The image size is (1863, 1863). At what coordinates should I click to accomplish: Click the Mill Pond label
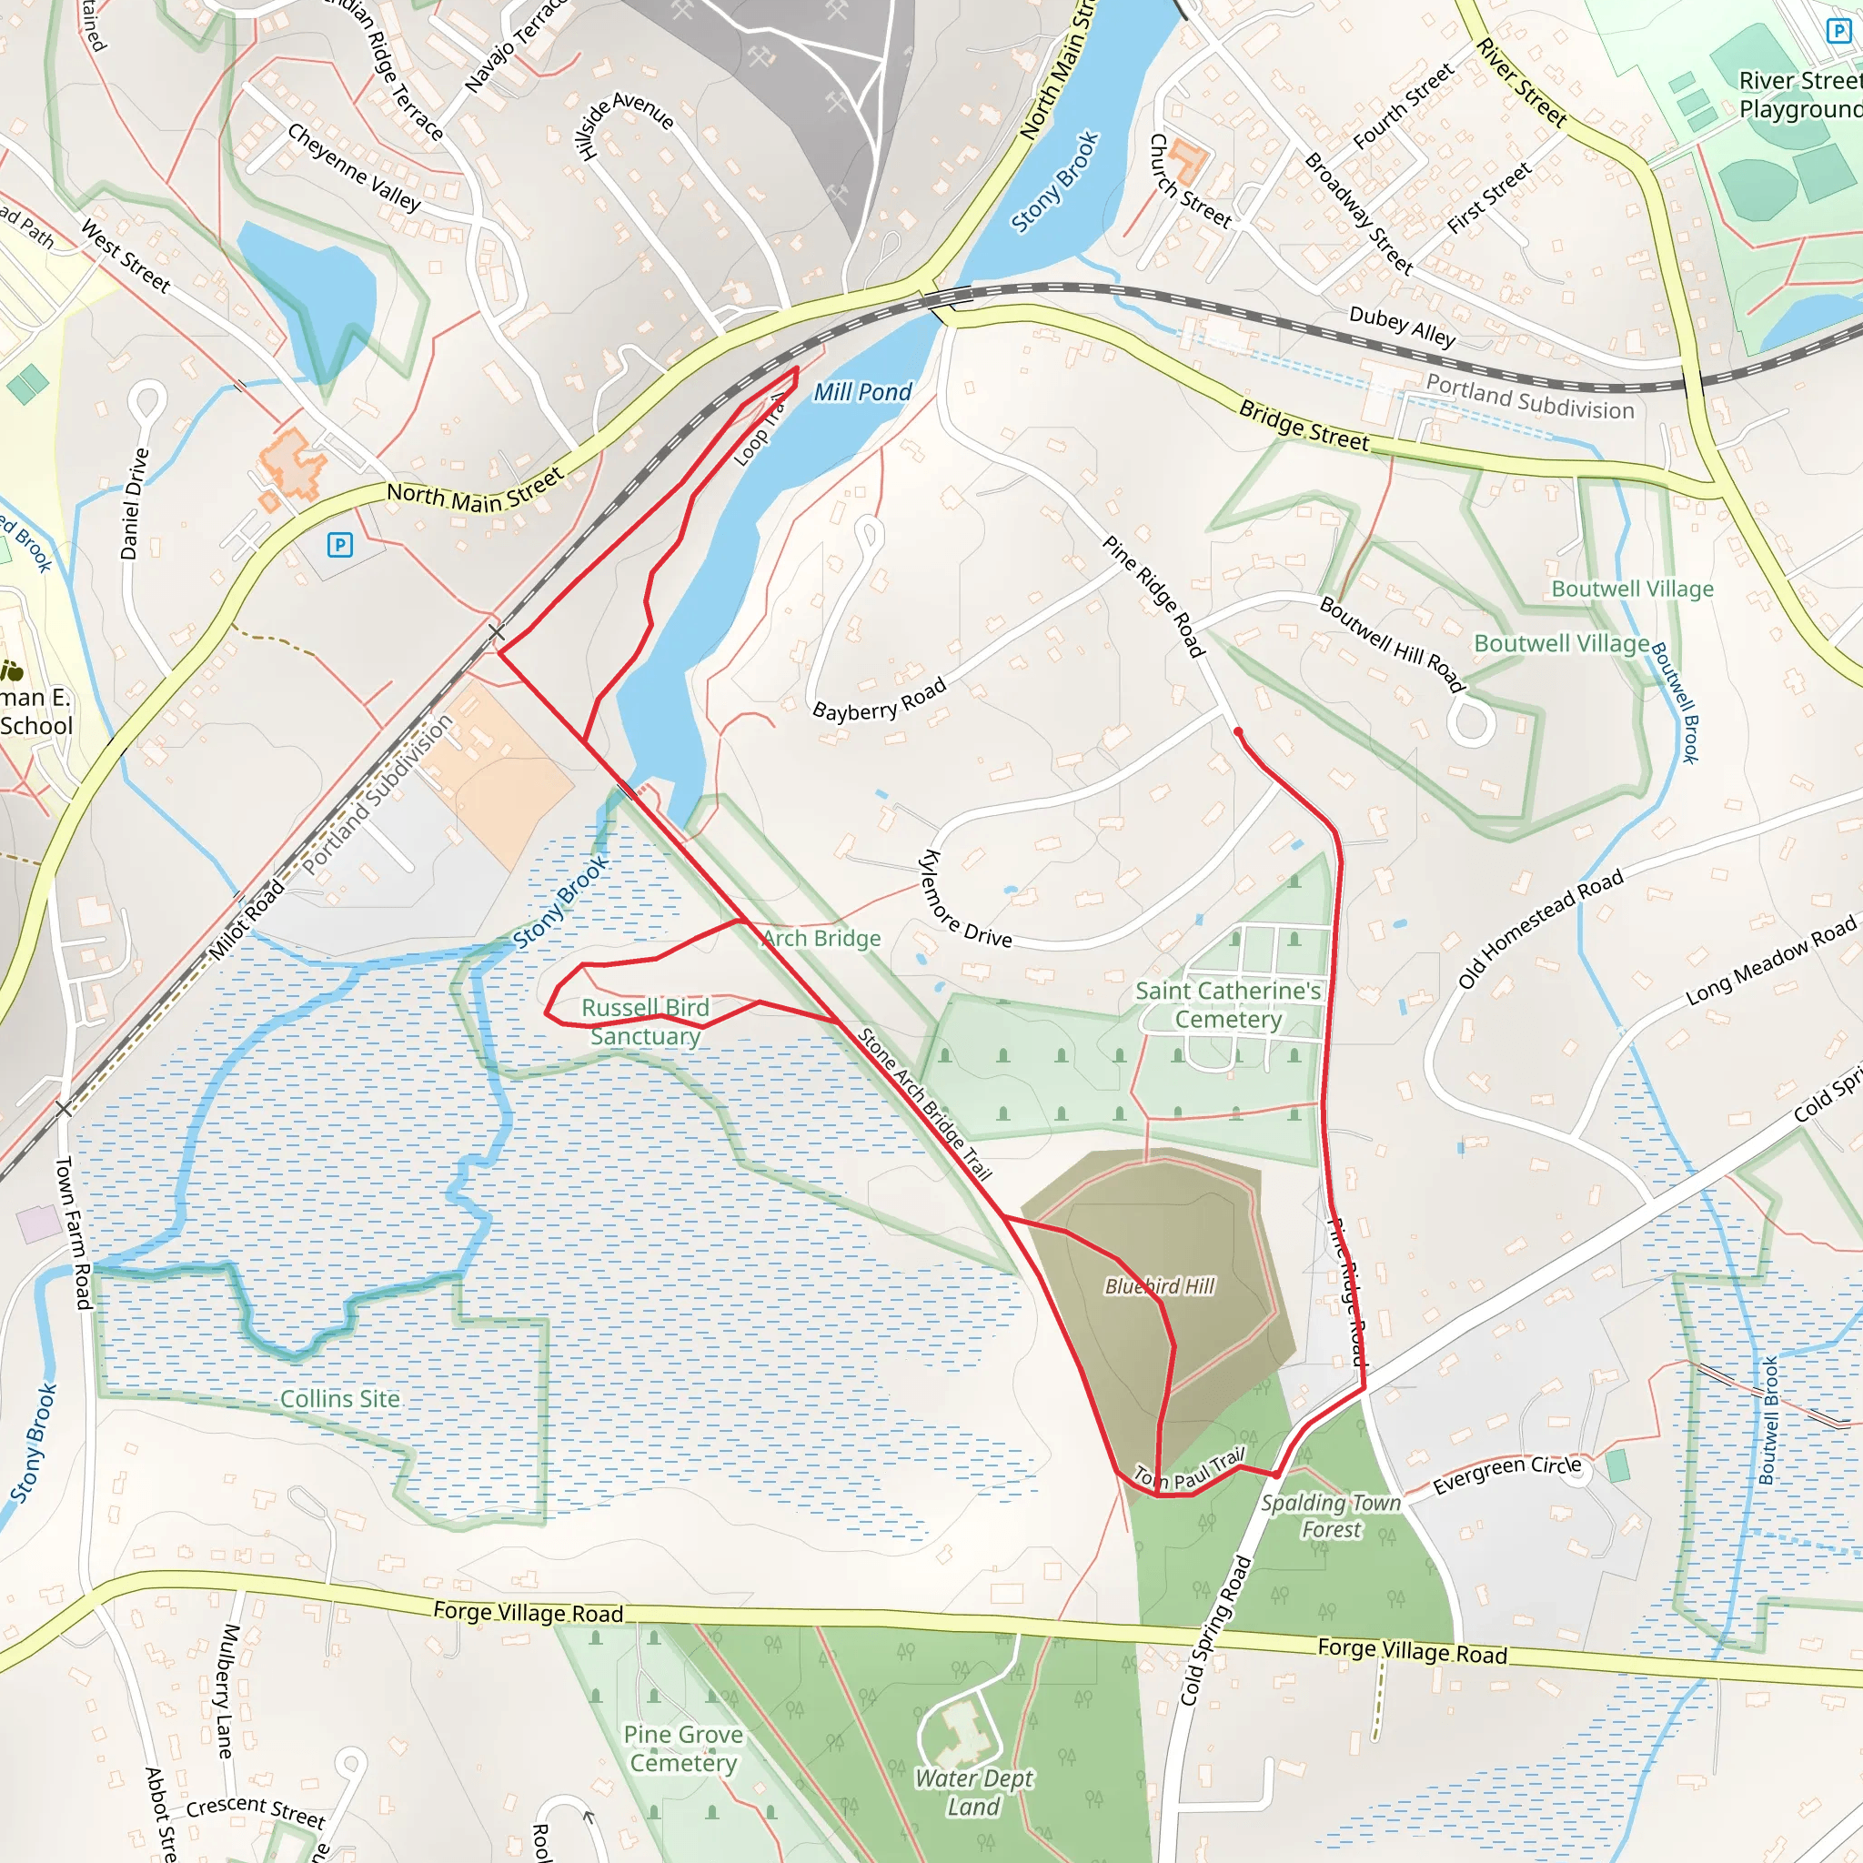[862, 392]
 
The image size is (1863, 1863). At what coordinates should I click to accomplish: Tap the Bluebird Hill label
[1159, 1286]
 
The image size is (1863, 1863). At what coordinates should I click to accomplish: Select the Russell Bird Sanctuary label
[645, 1022]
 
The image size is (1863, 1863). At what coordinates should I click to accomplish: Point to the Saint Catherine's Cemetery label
[1227, 1005]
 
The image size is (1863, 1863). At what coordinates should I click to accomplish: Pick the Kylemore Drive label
[965, 901]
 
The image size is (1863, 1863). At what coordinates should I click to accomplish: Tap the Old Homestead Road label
[1540, 929]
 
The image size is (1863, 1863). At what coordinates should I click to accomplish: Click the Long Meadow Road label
[1770, 962]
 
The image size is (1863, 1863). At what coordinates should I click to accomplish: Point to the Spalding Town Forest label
[1331, 1516]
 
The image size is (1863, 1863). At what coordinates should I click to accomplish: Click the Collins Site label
[339, 1399]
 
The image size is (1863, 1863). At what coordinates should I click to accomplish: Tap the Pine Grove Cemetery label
[683, 1748]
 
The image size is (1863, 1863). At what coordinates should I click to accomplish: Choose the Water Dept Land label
[974, 1792]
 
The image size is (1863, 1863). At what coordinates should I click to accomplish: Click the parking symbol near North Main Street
[339, 545]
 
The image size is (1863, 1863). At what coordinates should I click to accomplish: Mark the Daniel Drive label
[134, 503]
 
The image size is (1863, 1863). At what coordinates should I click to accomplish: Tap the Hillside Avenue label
[623, 123]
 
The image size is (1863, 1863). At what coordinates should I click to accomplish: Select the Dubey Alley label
[1401, 326]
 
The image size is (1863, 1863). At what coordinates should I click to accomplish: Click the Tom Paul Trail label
[1189, 1471]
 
